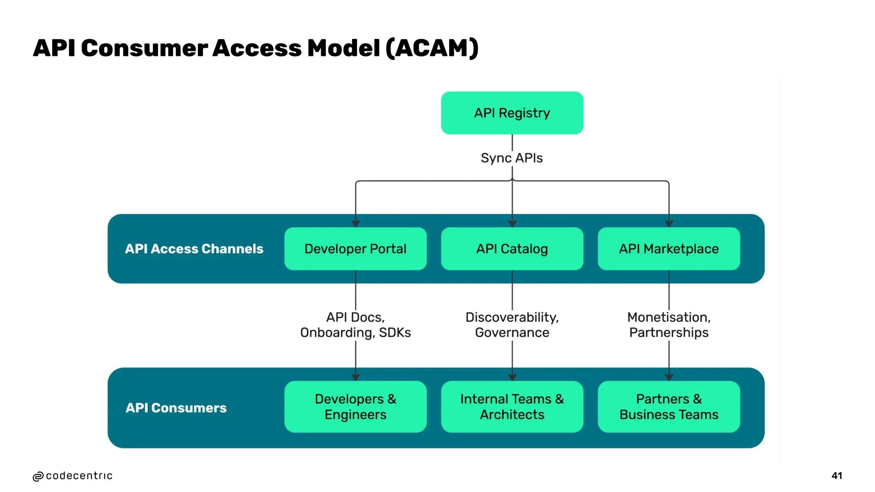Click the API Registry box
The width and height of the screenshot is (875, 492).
pos(512,113)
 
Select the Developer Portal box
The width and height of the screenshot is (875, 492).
pos(355,249)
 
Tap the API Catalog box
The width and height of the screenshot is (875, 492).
pos(512,249)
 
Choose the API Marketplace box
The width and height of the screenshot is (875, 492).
pos(669,249)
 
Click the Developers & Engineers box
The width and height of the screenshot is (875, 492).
pos(355,407)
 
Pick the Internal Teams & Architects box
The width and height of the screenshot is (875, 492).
pos(512,407)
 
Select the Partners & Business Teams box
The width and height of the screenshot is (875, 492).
pos(669,407)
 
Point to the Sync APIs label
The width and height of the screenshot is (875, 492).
pos(511,158)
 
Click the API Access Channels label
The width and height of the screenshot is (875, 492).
pos(194,249)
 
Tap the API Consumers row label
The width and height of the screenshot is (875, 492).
pos(176,408)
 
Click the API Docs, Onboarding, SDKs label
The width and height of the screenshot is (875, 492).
pos(355,325)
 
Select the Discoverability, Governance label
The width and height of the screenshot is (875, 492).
pos(512,325)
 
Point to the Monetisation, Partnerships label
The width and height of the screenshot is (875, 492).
pos(669,325)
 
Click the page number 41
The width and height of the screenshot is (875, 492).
pos(837,476)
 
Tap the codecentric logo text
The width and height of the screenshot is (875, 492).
pos(79,476)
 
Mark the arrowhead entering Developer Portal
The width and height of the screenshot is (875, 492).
pos(355,223)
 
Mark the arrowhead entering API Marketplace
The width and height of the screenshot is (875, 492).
pos(669,223)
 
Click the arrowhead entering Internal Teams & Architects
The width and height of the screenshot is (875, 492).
pos(512,377)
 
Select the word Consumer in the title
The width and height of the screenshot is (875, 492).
pos(144,48)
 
